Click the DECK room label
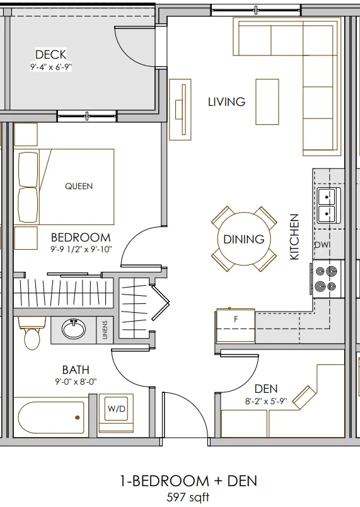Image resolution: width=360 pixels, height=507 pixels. click(x=50, y=54)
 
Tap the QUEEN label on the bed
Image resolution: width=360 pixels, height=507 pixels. click(x=79, y=186)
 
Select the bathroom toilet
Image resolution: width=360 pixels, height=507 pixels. click(x=32, y=333)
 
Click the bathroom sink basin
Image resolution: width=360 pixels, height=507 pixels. click(x=74, y=329)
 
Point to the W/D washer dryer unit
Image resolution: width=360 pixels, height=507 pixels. click(x=116, y=413)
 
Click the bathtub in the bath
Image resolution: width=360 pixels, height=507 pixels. click(x=50, y=417)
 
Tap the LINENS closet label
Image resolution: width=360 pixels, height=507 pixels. click(x=105, y=330)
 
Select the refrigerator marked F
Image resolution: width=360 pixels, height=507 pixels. click(x=236, y=326)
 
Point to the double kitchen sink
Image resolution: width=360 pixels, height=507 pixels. click(x=329, y=206)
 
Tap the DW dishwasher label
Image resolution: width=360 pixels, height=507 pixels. click(x=323, y=245)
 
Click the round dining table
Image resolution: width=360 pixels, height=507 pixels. click(x=244, y=239)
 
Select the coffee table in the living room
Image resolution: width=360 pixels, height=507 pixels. click(x=267, y=102)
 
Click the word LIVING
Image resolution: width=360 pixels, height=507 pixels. click(x=226, y=102)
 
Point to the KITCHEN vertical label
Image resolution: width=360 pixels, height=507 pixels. click(x=294, y=236)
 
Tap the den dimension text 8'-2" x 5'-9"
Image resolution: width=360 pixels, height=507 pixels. click(x=266, y=401)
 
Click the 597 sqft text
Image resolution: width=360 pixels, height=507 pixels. click(x=188, y=497)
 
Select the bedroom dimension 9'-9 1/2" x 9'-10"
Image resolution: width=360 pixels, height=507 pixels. click(x=81, y=249)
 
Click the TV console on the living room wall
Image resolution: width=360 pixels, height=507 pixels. click(x=180, y=110)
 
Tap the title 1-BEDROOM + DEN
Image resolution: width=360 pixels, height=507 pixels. click(x=189, y=481)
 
